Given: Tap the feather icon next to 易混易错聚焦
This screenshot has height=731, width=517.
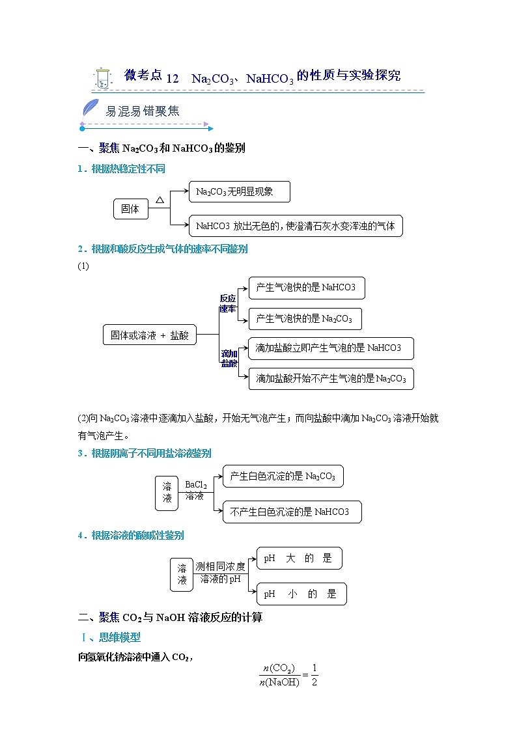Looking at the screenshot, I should tap(90, 109).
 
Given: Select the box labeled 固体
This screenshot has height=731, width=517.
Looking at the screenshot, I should tap(130, 209).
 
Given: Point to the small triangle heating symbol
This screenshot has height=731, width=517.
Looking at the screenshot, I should tap(160, 200).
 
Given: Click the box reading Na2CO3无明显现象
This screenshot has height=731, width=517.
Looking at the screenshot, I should tap(239, 191).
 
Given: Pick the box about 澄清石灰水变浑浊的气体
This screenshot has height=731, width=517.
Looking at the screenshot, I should tap(296, 225).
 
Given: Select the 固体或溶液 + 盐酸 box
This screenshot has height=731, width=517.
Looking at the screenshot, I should tap(149, 335).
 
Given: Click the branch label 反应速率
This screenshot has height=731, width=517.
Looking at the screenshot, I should tap(228, 303).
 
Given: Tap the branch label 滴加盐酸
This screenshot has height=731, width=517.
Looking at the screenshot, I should tap(229, 358).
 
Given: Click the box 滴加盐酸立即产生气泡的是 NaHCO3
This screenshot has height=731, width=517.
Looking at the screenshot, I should tap(331, 348).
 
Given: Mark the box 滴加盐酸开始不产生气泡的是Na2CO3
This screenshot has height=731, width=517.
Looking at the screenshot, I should tap(331, 378).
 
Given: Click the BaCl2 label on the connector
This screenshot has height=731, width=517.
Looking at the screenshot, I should tap(195, 485).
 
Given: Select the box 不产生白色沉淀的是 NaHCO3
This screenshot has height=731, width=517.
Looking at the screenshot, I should tap(292, 512).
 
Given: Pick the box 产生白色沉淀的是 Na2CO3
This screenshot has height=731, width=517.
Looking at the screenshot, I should tap(283, 476).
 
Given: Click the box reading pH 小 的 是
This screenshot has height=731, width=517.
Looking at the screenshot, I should tap(301, 594).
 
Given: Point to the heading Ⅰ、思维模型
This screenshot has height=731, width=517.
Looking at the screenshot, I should tap(109, 637).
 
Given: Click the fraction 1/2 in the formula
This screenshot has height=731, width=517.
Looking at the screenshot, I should tap(313, 676).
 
